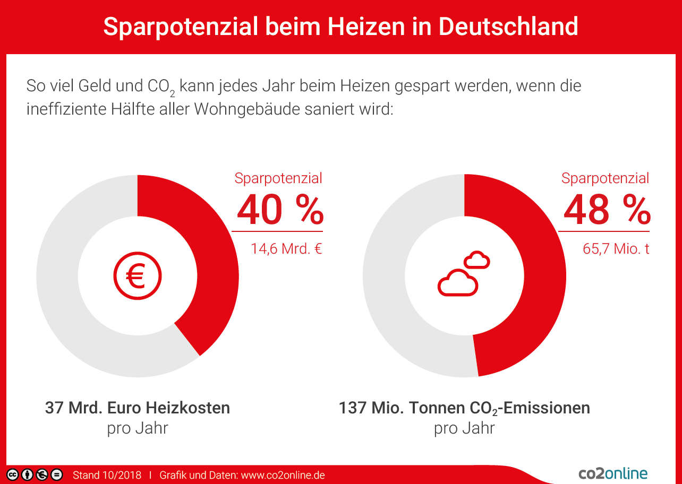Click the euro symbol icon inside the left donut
point(137,276)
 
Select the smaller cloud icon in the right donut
point(476,261)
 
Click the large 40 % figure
point(280,210)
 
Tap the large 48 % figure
point(607,210)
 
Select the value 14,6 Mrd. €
point(286,248)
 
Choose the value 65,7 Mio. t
point(616,248)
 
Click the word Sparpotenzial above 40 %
point(278,178)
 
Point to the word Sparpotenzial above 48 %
point(605,178)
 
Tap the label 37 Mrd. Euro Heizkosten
point(138,408)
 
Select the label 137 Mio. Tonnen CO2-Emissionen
point(464,408)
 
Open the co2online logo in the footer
point(613,473)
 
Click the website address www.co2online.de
point(283,475)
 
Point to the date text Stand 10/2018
point(107,475)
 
